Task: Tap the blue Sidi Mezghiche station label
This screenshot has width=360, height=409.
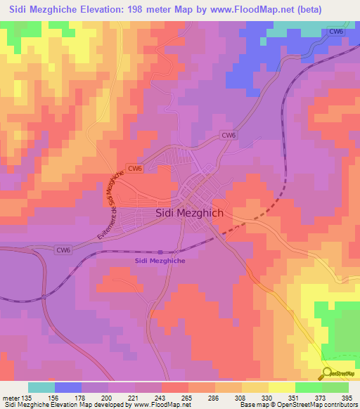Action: pyautogui.click(x=161, y=261)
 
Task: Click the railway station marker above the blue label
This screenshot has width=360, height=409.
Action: pyautogui.click(x=161, y=252)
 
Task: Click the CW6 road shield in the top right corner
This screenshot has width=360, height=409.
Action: pyautogui.click(x=336, y=32)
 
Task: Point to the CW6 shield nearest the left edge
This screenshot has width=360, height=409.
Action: pyautogui.click(x=63, y=249)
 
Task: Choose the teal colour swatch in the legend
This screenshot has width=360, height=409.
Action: pyautogui.click(x=41, y=387)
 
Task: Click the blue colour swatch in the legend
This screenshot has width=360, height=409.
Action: pyautogui.click(x=67, y=387)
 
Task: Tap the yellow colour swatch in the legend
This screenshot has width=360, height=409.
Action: pyautogui.click(x=281, y=387)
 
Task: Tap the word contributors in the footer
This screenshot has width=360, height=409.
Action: pyautogui.click(x=340, y=405)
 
